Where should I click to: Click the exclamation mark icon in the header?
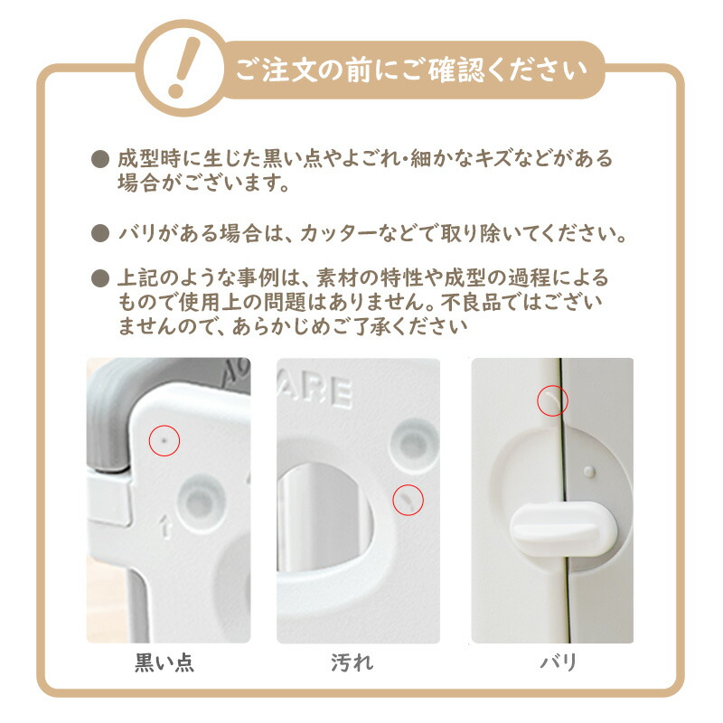click(x=184, y=67)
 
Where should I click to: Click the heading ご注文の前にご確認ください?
click(x=411, y=70)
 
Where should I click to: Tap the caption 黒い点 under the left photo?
click(x=164, y=662)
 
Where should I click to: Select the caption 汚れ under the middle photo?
click(x=352, y=662)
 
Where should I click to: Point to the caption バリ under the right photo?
click(x=559, y=662)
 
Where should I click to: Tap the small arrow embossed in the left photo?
click(x=165, y=527)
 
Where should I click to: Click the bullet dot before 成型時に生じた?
click(x=100, y=160)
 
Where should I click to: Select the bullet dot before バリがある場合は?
click(x=100, y=233)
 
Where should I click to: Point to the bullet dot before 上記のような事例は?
click(x=100, y=278)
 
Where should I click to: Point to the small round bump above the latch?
click(x=589, y=471)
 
